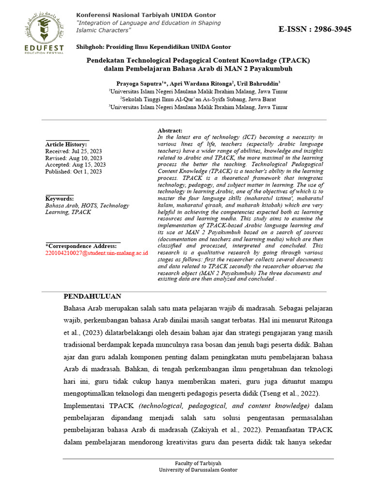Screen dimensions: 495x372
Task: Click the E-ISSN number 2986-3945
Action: [315, 29]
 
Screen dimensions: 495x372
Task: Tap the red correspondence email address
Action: [97, 253]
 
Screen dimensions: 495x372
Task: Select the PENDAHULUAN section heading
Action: [93, 296]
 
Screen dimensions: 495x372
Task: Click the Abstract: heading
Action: [170, 131]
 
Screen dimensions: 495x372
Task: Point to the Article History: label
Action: [66, 145]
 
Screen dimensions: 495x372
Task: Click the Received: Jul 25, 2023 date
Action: [74, 151]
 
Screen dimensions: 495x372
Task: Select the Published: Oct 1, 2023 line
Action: [74, 172]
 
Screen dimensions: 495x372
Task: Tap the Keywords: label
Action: [60, 199]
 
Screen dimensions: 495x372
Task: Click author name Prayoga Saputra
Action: [139, 83]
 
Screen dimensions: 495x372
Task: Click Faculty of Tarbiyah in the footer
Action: [199, 463]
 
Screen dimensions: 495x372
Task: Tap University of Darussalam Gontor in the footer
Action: [199, 470]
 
